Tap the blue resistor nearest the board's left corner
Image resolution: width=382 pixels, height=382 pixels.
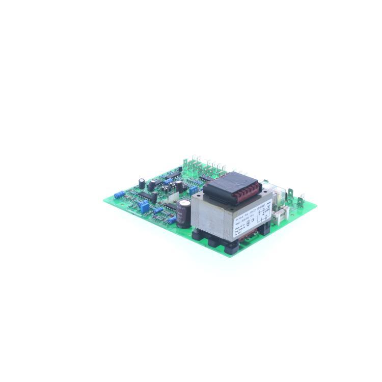(x=119, y=194)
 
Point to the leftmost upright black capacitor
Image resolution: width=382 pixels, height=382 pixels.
(x=142, y=183)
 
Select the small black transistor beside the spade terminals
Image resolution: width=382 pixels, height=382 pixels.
(x=180, y=169)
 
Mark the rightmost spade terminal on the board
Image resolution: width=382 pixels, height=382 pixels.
(x=301, y=200)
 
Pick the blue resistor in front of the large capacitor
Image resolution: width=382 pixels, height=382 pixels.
(x=172, y=220)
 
